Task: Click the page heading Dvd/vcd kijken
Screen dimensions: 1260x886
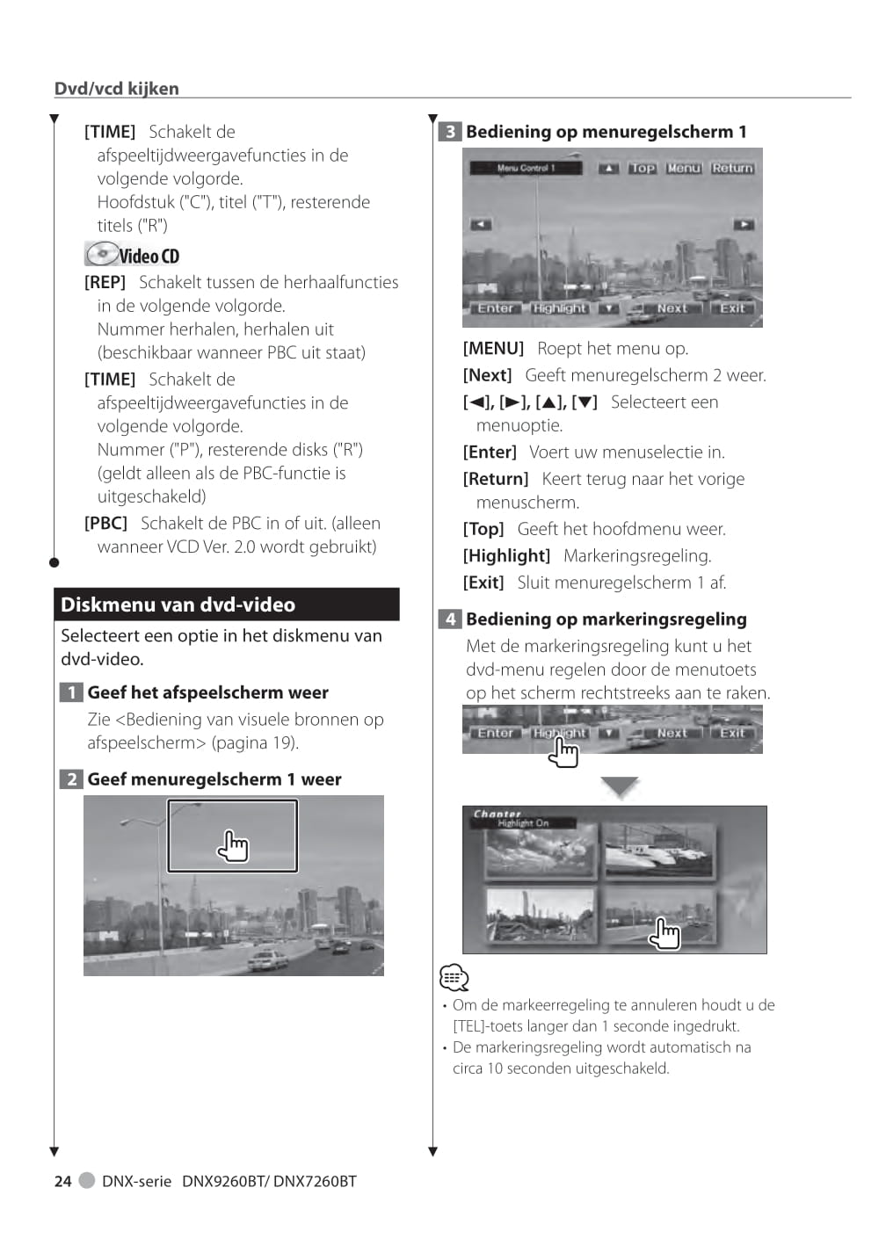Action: pyautogui.click(x=117, y=89)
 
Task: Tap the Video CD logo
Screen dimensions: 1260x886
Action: pyautogui.click(x=133, y=255)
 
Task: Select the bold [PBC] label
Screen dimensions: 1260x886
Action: pyautogui.click(x=105, y=524)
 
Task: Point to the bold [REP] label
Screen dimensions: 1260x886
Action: pyautogui.click(x=105, y=283)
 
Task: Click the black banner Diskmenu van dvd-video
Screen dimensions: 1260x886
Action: pyautogui.click(x=226, y=605)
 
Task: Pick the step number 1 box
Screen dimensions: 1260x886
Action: pyautogui.click(x=71, y=692)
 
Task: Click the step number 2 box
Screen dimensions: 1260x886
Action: pyautogui.click(x=71, y=779)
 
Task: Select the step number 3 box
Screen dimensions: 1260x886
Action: pyautogui.click(x=450, y=132)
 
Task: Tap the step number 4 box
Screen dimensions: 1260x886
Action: pyautogui.click(x=450, y=619)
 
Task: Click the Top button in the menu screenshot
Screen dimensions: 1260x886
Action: pyautogui.click(x=642, y=168)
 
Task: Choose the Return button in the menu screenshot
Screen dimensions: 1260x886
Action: pyautogui.click(x=732, y=168)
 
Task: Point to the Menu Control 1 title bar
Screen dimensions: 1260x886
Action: pyautogui.click(x=526, y=168)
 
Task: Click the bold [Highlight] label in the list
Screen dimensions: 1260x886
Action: pyautogui.click(x=506, y=556)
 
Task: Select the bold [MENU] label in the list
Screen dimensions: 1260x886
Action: pyautogui.click(x=493, y=349)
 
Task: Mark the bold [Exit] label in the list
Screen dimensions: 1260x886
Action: pyautogui.click(x=483, y=583)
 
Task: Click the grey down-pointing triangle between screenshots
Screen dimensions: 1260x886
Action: pyautogui.click(x=620, y=786)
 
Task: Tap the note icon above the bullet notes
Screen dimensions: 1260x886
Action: pyautogui.click(x=454, y=977)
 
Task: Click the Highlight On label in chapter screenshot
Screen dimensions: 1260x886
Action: pyautogui.click(x=523, y=823)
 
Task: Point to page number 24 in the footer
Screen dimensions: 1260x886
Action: pyautogui.click(x=63, y=1182)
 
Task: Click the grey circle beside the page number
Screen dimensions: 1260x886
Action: pyautogui.click(x=87, y=1180)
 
